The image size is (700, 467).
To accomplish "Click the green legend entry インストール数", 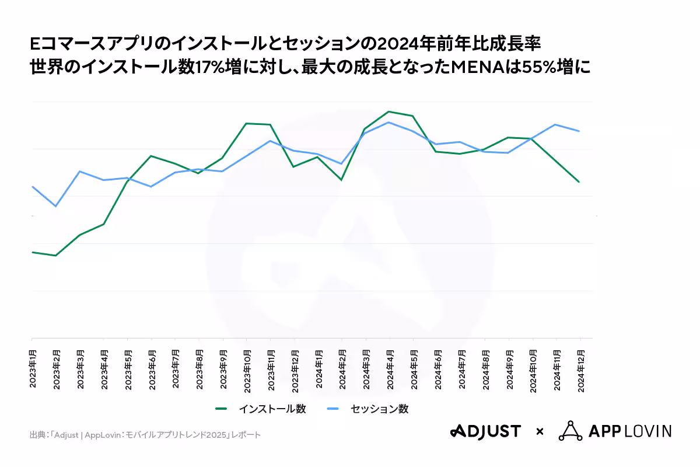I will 261,409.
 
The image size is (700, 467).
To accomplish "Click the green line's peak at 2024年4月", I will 389,111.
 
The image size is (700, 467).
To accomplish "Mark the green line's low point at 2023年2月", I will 56,256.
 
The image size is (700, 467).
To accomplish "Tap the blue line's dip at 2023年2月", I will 56,206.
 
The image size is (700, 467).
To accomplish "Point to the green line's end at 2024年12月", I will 579,182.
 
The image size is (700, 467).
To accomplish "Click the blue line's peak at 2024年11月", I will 555,124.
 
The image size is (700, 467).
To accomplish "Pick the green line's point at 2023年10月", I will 246,123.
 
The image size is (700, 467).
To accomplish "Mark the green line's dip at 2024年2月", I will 342,180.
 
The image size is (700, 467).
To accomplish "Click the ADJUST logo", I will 485,431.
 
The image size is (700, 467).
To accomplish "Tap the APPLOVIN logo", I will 615,431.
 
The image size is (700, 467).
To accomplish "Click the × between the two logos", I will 540,432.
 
